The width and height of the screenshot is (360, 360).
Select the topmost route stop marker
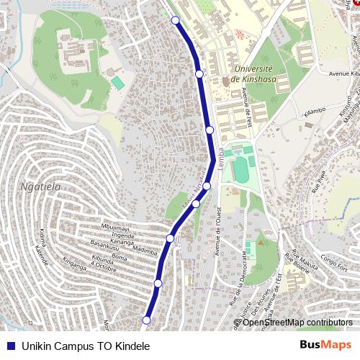coord(175,20)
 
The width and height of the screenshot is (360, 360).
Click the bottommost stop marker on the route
coord(146,320)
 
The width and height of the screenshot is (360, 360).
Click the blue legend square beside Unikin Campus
coord(10,346)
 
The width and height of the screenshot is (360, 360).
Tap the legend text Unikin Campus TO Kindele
coord(85,346)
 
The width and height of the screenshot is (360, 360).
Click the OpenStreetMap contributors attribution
coord(296,322)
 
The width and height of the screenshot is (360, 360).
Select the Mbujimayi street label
coord(117,228)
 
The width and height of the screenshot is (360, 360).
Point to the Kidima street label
coord(45,239)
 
